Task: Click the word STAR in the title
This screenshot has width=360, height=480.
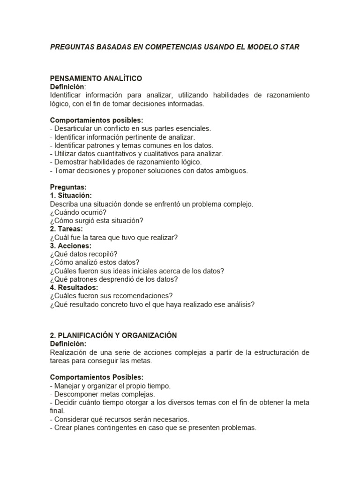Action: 289,47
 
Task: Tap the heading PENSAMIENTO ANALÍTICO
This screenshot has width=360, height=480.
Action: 96,78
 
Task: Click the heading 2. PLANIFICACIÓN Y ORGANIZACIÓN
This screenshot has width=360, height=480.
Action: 113,335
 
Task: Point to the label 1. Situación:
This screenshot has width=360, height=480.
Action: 71,195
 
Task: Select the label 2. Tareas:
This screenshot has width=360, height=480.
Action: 66,229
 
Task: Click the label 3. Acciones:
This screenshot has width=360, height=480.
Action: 70,246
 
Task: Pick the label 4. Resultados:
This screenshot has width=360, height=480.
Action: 74,287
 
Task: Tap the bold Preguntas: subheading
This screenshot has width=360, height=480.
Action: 68,187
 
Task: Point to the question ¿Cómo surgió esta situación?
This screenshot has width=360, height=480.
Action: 97,220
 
